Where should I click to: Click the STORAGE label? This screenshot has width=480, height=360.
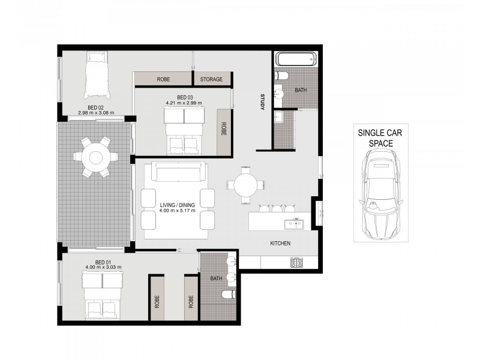pyautogui.click(x=212, y=79)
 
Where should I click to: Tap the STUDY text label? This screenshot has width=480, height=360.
pyautogui.click(x=262, y=102)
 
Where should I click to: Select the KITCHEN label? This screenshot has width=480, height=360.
pyautogui.click(x=280, y=244)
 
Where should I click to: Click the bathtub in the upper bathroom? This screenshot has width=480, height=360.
pyautogui.click(x=295, y=59)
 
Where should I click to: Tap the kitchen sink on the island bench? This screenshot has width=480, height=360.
pyautogui.click(x=294, y=224)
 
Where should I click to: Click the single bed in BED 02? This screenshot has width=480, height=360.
pyautogui.click(x=97, y=76)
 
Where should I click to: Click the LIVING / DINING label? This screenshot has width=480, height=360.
pyautogui.click(x=178, y=208)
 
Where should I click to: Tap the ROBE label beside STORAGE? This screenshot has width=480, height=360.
pyautogui.click(x=163, y=79)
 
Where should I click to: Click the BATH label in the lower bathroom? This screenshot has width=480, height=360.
pyautogui.click(x=217, y=279)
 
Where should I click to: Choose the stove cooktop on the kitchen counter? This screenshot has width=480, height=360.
pyautogui.click(x=295, y=263)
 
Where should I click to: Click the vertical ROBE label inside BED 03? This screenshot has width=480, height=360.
pyautogui.click(x=223, y=128)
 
